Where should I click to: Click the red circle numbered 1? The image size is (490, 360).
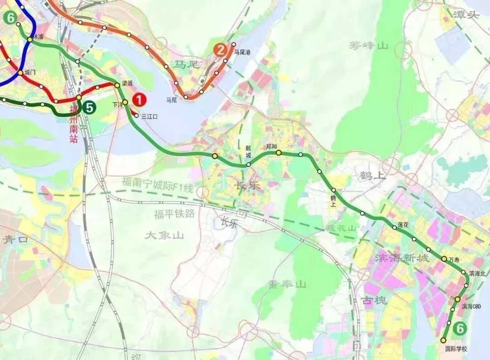[139, 99]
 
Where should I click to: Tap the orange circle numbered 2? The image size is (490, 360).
[220, 50]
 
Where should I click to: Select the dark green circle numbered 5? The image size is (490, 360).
[90, 108]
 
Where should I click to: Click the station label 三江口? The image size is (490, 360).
[149, 117]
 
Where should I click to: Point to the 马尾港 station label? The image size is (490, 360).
[242, 53]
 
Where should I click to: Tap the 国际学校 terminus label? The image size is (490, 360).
[456, 349]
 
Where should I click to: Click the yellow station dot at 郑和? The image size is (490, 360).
[279, 153]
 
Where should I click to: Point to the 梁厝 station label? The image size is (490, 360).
[127, 84]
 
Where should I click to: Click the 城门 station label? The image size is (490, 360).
[29, 72]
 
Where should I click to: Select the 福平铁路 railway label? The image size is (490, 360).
[174, 214]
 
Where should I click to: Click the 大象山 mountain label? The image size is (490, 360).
[164, 235]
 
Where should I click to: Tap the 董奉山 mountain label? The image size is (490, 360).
[287, 284]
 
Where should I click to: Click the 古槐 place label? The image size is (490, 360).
[374, 300]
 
